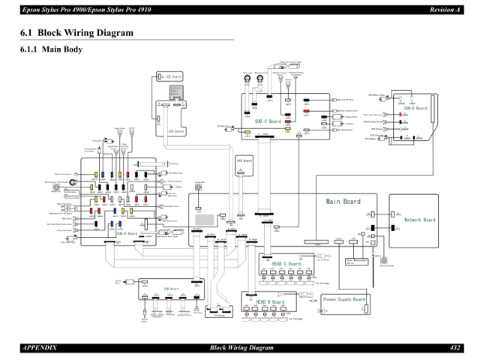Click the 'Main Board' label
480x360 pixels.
coord(343,202)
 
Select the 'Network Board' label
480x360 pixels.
coord(420,220)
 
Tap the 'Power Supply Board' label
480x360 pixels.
coord(344,298)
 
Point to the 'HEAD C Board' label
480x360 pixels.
coord(286,264)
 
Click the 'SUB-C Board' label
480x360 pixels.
coord(268,121)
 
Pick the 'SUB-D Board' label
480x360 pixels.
coord(415,108)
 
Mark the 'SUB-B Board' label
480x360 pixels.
coord(126,233)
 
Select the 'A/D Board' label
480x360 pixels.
coord(244,160)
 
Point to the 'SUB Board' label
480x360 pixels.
coord(171,289)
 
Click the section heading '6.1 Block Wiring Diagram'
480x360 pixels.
coord(78,33)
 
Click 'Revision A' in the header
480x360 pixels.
coord(445,8)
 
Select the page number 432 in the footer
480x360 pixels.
coord(455,348)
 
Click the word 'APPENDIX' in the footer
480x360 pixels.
coord(39,348)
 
